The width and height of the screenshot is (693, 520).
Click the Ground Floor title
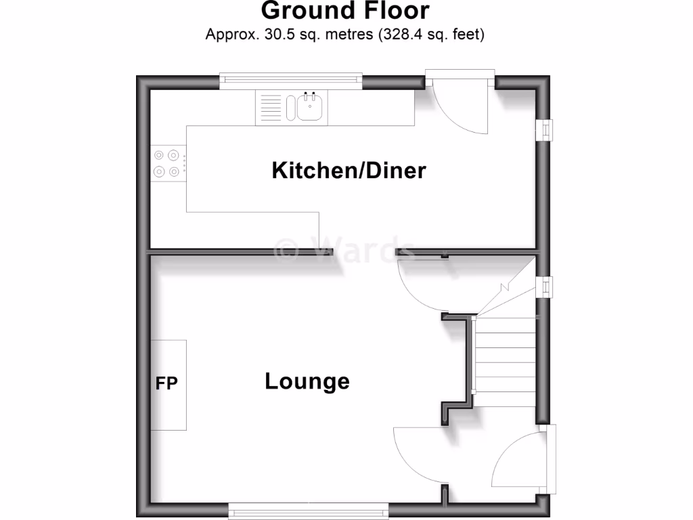[x=345, y=12]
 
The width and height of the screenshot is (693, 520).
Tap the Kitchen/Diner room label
[x=349, y=171]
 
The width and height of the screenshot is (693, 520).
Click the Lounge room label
[x=307, y=381]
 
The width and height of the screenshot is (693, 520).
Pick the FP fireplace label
[x=166, y=384]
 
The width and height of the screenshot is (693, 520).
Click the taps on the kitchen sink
[x=310, y=93]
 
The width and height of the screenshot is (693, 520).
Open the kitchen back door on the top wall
[x=460, y=105]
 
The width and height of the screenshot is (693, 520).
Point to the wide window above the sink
[x=291, y=79]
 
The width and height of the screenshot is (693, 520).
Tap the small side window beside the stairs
[x=544, y=287]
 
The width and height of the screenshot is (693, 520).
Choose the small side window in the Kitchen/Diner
[x=544, y=130]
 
